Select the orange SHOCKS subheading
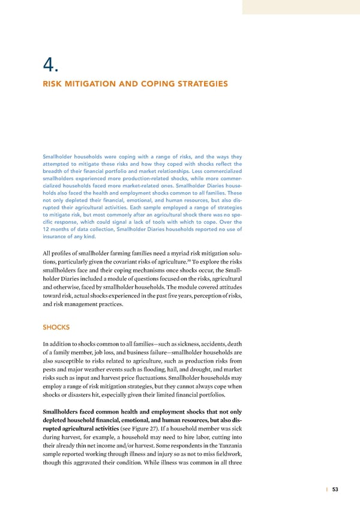56,327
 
